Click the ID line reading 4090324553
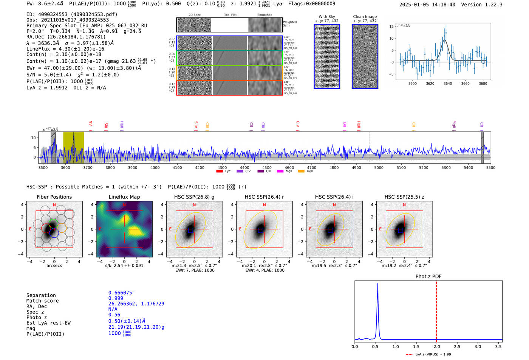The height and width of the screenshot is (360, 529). point(72,14)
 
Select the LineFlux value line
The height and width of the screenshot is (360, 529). point(65,49)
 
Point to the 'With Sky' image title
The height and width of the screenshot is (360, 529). point(327,17)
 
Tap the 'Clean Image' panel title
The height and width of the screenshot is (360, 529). point(365,17)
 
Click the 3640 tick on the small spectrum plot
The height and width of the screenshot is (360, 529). point(448,83)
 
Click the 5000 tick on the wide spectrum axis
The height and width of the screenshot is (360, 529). point(379,167)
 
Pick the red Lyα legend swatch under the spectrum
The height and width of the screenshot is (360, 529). point(219,172)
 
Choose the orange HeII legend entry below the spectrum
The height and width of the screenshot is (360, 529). point(301,172)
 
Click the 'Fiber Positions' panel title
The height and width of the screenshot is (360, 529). point(54,197)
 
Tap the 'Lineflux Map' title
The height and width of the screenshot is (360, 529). point(124,197)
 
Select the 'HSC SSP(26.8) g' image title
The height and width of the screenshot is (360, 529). point(194,197)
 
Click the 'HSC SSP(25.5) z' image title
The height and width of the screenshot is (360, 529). point(404,197)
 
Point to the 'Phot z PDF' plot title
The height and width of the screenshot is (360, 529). point(428,277)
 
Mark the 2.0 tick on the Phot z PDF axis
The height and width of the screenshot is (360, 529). point(436,346)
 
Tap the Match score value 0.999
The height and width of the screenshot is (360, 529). point(116,298)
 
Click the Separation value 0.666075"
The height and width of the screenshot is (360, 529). point(121,293)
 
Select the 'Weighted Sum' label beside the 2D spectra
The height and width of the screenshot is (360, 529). point(289,23)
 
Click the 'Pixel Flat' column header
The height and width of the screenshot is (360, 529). point(230,15)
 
